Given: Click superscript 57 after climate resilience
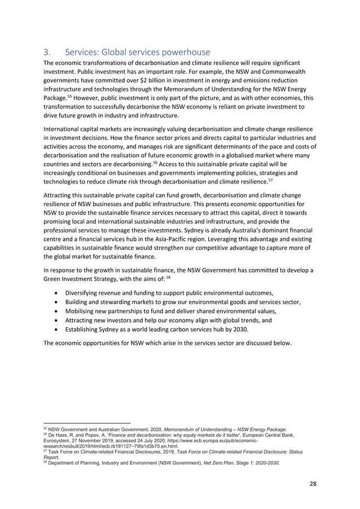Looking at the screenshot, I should tap(286, 181).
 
